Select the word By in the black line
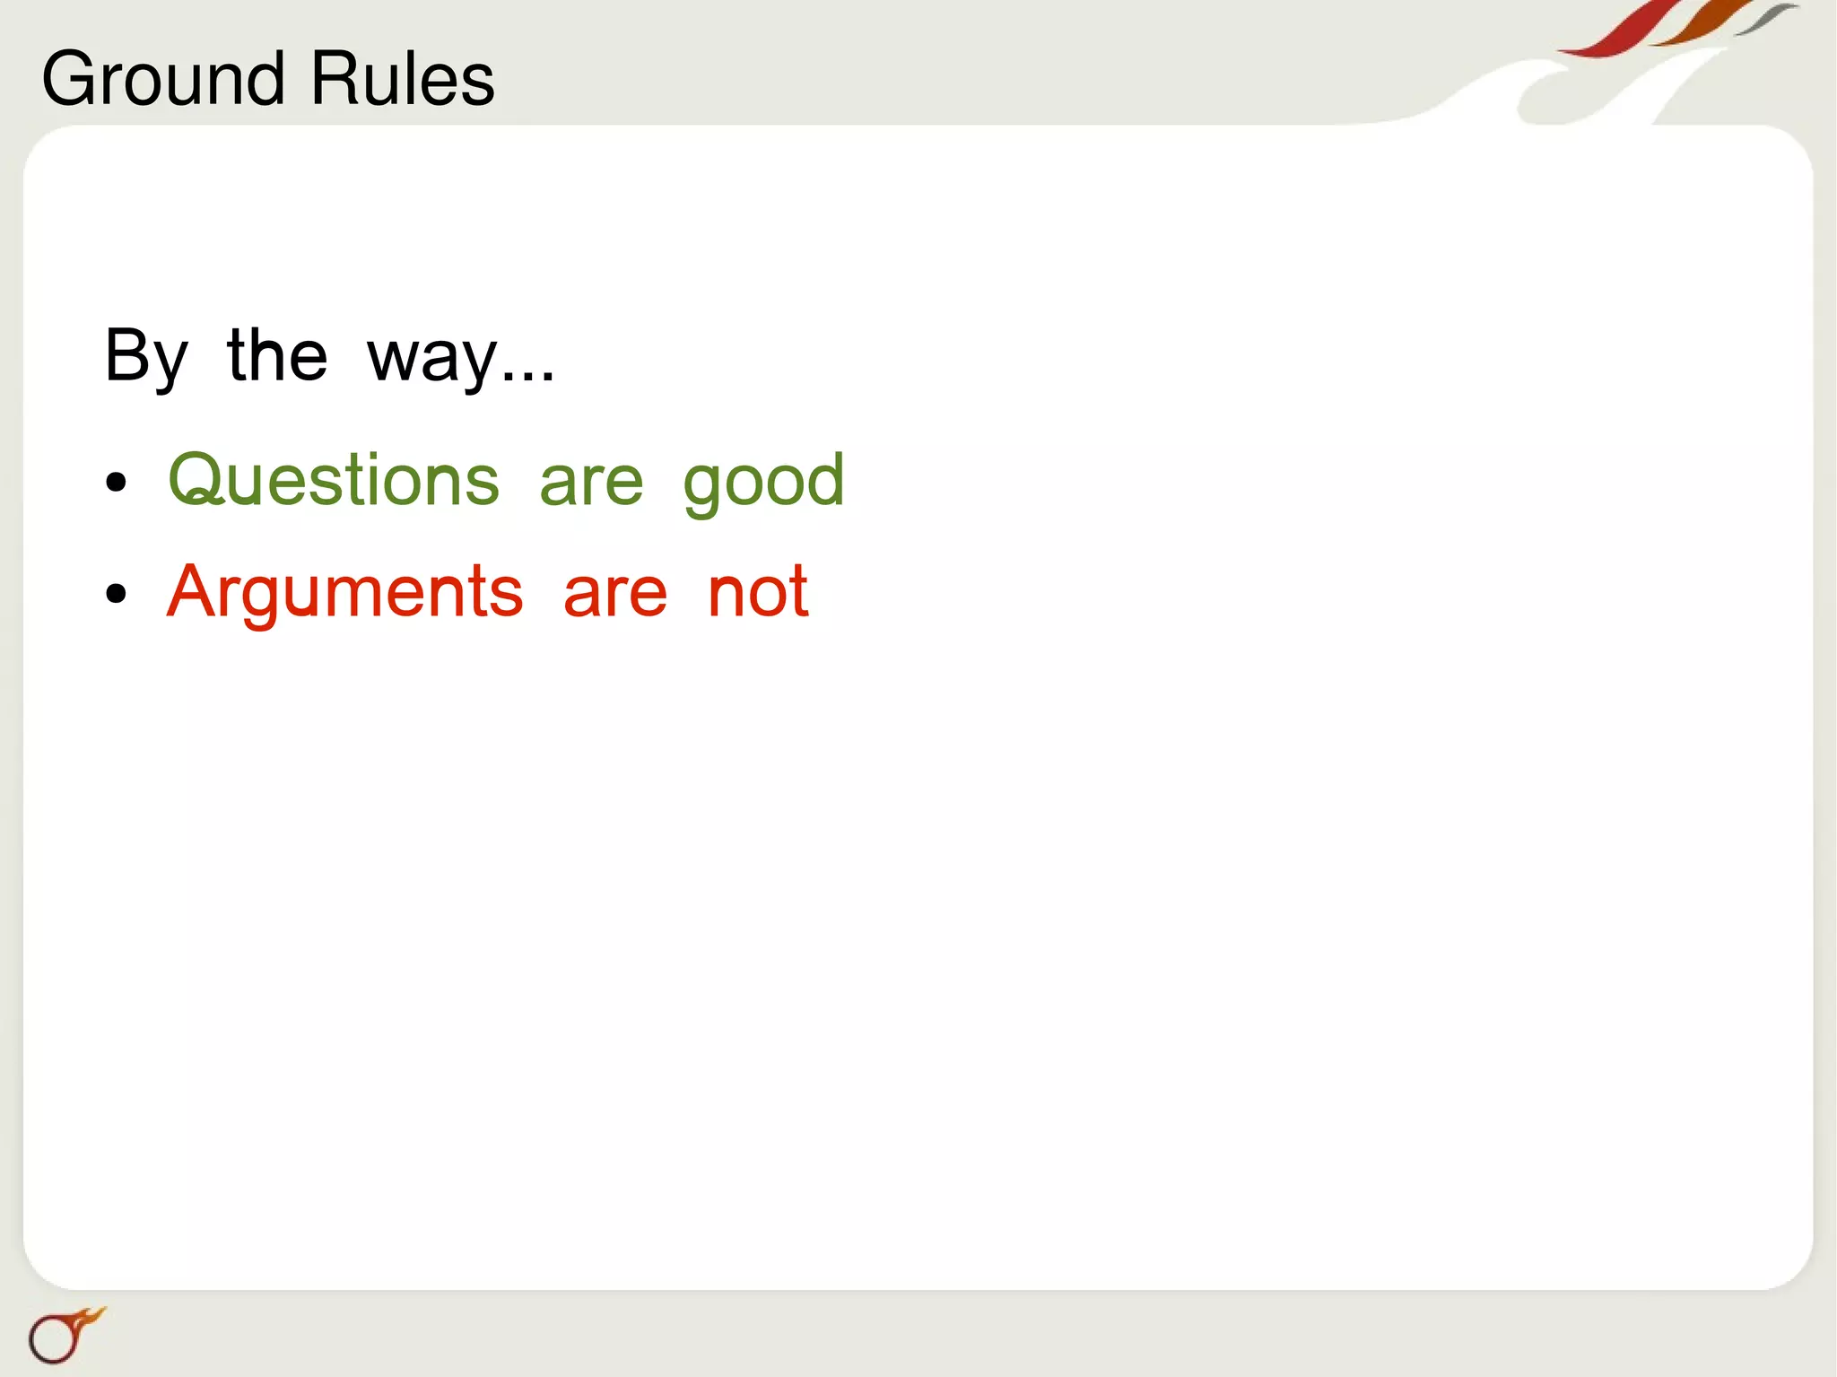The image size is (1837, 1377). (x=146, y=357)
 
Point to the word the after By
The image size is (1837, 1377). (x=277, y=355)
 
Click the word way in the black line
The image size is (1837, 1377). (x=431, y=359)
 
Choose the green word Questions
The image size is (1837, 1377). (x=333, y=481)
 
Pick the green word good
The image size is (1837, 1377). (x=763, y=483)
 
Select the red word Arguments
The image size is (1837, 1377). (x=344, y=592)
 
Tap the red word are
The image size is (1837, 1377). (x=615, y=594)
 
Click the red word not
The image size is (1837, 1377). (x=758, y=592)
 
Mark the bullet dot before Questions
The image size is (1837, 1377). (x=116, y=484)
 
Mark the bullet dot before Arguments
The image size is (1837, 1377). (x=116, y=594)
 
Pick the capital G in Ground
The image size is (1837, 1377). (x=70, y=79)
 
